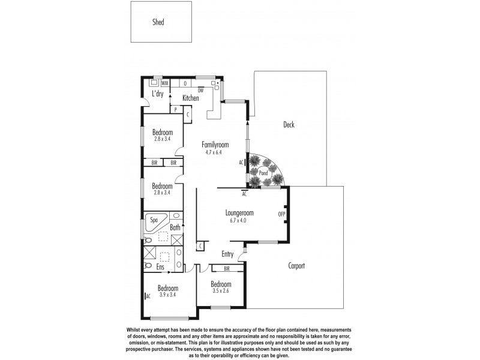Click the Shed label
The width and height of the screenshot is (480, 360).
pos(158,22)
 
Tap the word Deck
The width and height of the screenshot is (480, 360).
pos(289,125)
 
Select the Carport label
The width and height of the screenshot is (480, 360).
pos(296,265)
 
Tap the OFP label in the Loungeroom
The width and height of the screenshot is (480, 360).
pos(281,214)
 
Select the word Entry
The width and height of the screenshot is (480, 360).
pos(227,254)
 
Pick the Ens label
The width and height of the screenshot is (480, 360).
pos(160,266)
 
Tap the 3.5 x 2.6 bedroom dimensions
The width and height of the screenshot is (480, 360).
pos(221,290)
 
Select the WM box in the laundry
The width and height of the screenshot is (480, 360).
pos(164,83)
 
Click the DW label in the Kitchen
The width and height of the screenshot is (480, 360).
pos(200,90)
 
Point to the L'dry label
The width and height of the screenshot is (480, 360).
pos(158,94)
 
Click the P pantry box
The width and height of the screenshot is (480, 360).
pos(175,110)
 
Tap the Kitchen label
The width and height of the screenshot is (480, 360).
pos(191,98)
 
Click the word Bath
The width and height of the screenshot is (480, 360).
pos(175,227)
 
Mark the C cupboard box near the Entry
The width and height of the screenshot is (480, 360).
pos(200,245)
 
